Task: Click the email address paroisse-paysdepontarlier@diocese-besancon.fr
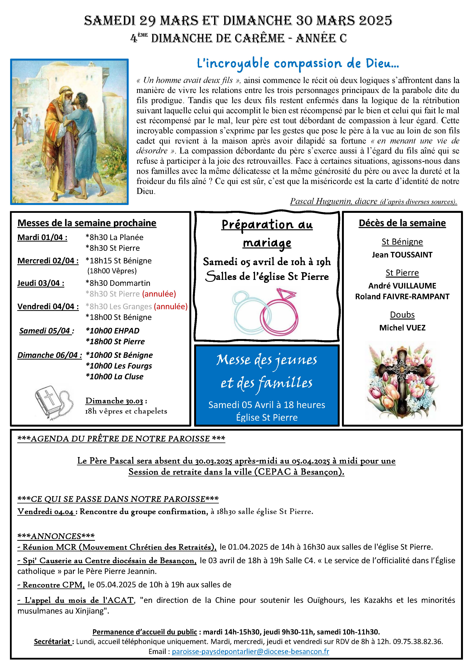pyautogui.click(x=250, y=652)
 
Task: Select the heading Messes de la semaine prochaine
pyautogui.click(x=87, y=223)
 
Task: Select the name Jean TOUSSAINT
pyautogui.click(x=402, y=255)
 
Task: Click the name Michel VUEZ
pyautogui.click(x=402, y=328)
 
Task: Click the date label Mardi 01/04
pyautogui.click(x=42, y=237)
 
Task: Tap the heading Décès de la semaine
pyautogui.click(x=402, y=223)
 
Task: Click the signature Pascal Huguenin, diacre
pyautogui.click(x=334, y=201)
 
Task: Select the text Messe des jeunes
pyautogui.click(x=267, y=360)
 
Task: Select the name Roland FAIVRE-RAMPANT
pyautogui.click(x=402, y=297)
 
